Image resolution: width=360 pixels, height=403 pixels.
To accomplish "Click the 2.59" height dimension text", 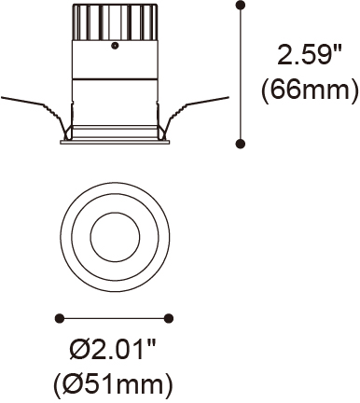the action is click(310, 55).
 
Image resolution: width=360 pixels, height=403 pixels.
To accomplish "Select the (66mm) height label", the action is click(310, 90).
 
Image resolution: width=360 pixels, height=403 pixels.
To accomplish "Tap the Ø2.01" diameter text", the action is click(113, 351).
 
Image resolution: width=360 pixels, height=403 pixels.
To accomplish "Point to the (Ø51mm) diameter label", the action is click(113, 384).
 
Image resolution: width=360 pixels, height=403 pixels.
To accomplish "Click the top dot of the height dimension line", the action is click(241, 6).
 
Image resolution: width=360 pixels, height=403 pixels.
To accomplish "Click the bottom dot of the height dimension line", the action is click(241, 144).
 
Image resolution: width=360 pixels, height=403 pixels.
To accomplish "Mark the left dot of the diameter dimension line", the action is click(59, 318).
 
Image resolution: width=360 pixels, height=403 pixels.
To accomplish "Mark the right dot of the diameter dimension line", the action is click(169, 318).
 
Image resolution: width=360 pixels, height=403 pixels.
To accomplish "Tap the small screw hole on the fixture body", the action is click(115, 46).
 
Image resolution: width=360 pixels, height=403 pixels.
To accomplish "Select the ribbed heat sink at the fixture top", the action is click(115, 22).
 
